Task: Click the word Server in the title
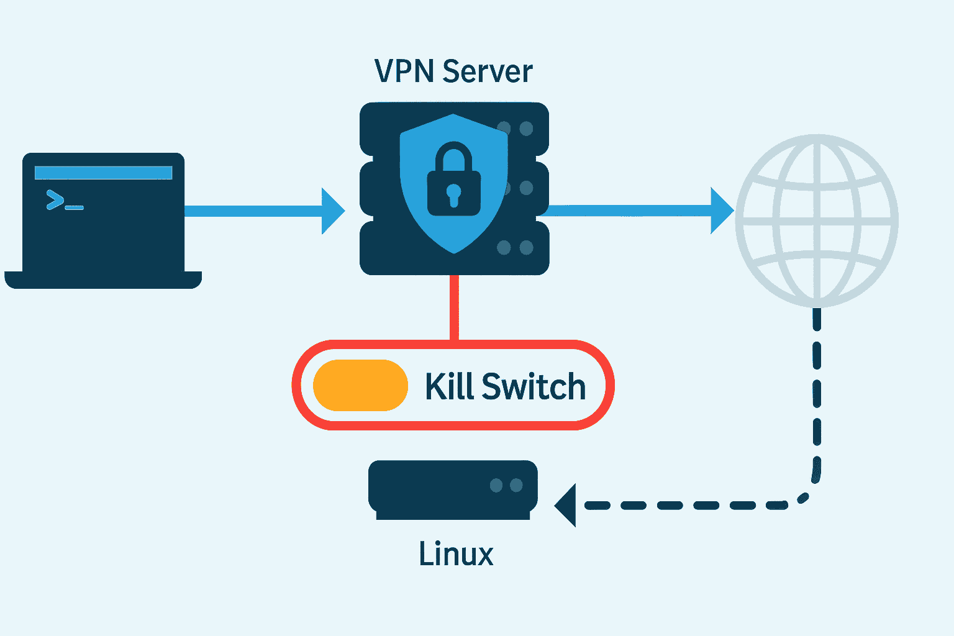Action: point(488,71)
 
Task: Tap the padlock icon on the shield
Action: point(454,180)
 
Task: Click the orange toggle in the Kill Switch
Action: point(360,385)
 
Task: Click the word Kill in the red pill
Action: point(450,386)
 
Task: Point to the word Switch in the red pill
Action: point(534,386)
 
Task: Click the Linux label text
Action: point(456,553)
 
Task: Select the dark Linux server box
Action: point(435,488)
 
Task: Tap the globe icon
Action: point(817,220)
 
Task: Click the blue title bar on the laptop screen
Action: point(103,173)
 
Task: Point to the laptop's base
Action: point(103,280)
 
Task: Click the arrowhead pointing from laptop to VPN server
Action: point(332,211)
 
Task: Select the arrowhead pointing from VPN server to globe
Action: point(722,211)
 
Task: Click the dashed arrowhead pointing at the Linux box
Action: point(566,505)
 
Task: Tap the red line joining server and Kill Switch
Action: point(454,307)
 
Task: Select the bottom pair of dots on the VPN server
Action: point(515,248)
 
